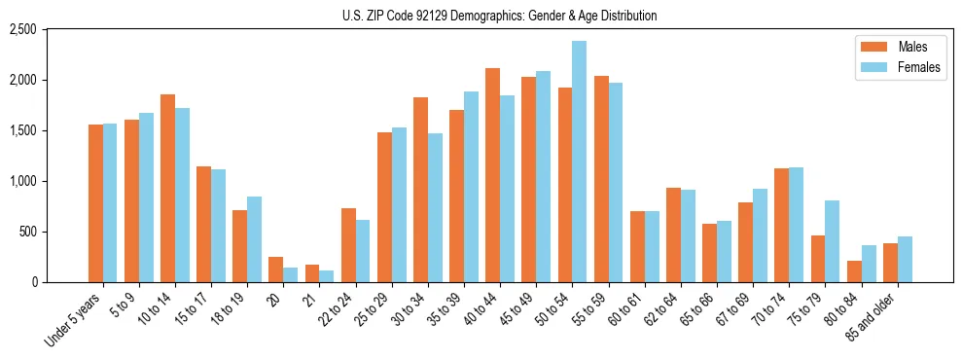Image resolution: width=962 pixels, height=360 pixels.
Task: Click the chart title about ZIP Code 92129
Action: click(x=500, y=16)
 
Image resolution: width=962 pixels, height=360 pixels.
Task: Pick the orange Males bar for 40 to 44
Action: click(x=492, y=175)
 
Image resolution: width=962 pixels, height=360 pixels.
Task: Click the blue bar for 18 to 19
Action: click(x=254, y=239)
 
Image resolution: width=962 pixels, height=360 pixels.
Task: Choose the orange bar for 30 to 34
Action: click(x=420, y=190)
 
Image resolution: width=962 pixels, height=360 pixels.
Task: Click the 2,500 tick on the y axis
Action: click(x=50, y=30)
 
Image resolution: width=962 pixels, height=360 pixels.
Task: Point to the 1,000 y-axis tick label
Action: click(x=50, y=181)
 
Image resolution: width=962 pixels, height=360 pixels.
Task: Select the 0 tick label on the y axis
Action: click(x=60, y=282)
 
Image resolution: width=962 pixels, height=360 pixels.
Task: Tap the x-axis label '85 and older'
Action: click(x=873, y=316)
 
